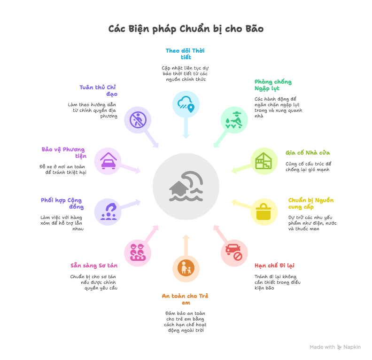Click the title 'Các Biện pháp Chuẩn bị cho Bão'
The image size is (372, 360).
pos(186,29)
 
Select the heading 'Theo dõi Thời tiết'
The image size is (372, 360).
pos(186,54)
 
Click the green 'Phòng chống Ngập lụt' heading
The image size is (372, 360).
pos(272,85)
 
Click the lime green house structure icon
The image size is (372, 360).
pos(264,161)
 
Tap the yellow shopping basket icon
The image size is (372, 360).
pos(264,211)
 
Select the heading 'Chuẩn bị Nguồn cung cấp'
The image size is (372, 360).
pos(310,203)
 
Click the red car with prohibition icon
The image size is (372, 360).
pos(234,253)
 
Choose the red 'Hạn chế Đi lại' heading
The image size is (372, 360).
pos(274,266)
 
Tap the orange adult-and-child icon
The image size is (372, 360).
pos(186,268)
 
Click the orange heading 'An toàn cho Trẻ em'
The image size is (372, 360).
pos(186,299)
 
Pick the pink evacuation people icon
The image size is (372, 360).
pos(137,253)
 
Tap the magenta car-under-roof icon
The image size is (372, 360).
pos(108,161)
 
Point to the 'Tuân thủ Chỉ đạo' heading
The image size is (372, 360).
pos(98,90)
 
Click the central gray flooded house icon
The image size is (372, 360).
pos(186,187)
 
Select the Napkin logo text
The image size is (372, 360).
pos(351,347)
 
